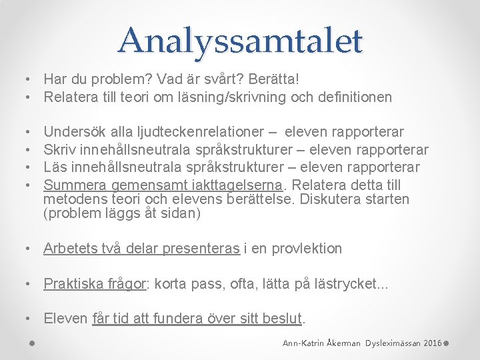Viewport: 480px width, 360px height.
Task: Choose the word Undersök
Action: coord(73,133)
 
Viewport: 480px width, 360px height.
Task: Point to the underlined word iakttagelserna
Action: coord(241,185)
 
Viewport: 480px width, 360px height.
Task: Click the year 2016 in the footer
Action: coord(432,343)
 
